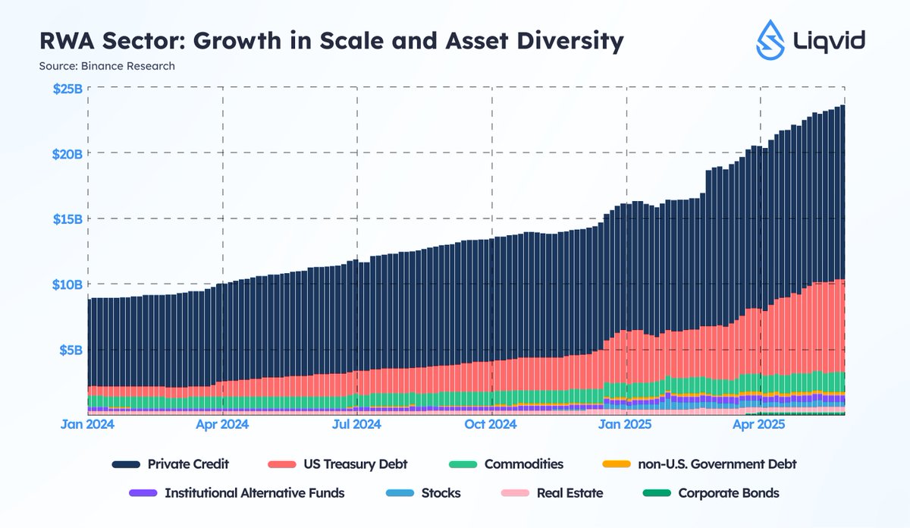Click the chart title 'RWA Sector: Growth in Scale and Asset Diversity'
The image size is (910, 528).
[331, 41]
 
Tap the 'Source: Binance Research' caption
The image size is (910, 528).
[107, 66]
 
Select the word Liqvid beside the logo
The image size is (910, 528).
[834, 40]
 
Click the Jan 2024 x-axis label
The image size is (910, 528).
[88, 425]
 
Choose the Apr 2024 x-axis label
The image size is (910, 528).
[222, 425]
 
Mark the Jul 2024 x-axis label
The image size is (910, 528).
[357, 425]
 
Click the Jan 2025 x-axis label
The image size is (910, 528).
[626, 425]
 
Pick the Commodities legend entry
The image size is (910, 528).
[523, 464]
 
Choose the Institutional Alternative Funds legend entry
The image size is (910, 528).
[254, 493]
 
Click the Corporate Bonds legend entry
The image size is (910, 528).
[728, 493]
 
